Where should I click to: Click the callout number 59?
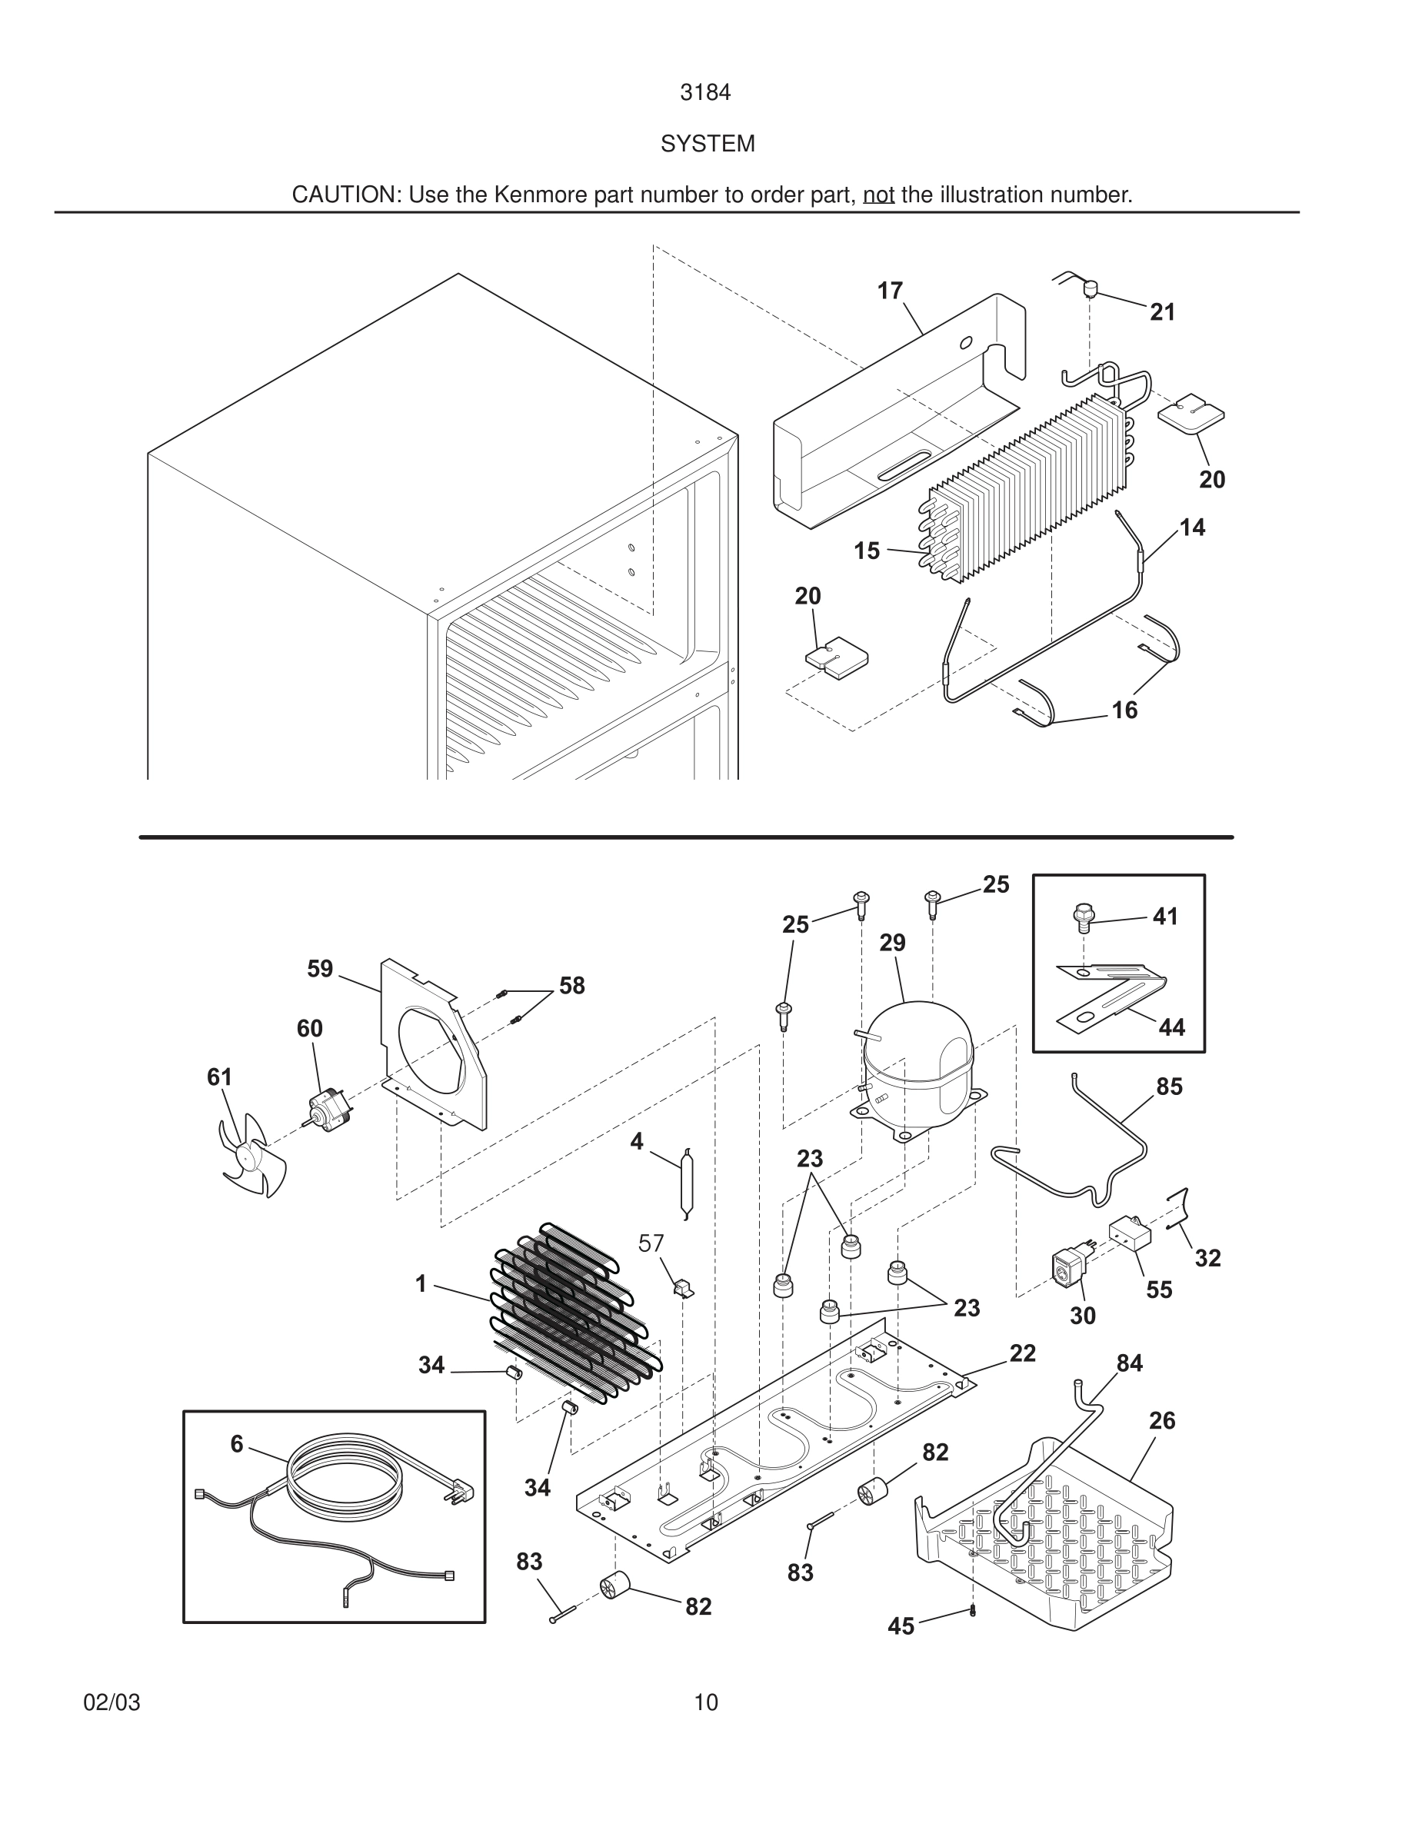[x=319, y=969]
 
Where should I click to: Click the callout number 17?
[x=890, y=291]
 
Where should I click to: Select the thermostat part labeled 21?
[x=1090, y=288]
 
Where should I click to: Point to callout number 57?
[x=651, y=1244]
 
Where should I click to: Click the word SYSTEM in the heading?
[x=707, y=144]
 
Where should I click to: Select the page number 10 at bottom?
[x=705, y=1702]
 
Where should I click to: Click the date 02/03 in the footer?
[x=112, y=1702]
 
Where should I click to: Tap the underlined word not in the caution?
[x=878, y=195]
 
